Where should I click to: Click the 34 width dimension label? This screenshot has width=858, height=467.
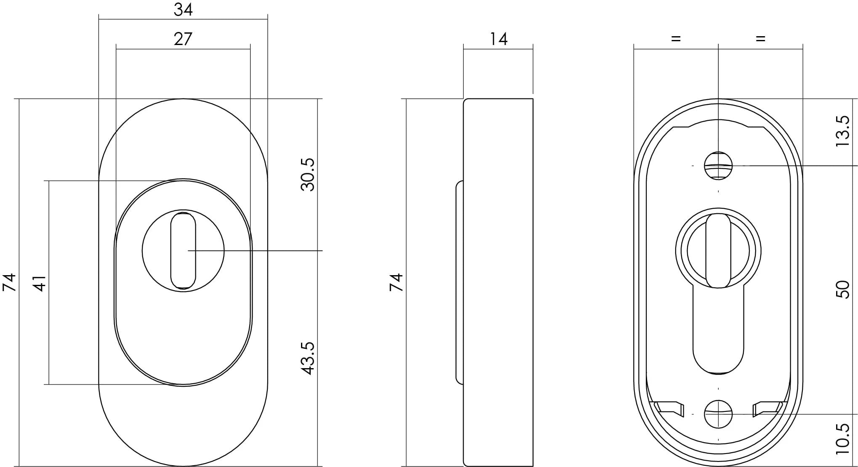point(183,9)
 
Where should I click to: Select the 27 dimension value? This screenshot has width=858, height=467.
point(183,39)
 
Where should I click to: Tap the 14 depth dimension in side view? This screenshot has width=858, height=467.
point(498,39)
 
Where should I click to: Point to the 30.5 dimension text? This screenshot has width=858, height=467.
point(308,175)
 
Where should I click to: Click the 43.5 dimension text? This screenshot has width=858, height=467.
point(308,358)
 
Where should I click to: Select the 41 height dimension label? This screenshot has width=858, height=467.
point(40,283)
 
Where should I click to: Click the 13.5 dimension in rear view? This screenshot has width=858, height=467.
point(843,131)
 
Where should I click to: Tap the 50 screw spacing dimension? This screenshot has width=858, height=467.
point(843,289)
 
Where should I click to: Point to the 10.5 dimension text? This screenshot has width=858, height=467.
point(843,439)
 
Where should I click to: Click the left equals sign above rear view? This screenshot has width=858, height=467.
point(676,39)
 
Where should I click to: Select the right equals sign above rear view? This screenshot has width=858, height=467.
point(760,39)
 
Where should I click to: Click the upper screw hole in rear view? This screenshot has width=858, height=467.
point(718,165)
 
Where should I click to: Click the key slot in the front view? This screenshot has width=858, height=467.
point(183,251)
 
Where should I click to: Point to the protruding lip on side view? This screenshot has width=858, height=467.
point(459,282)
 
